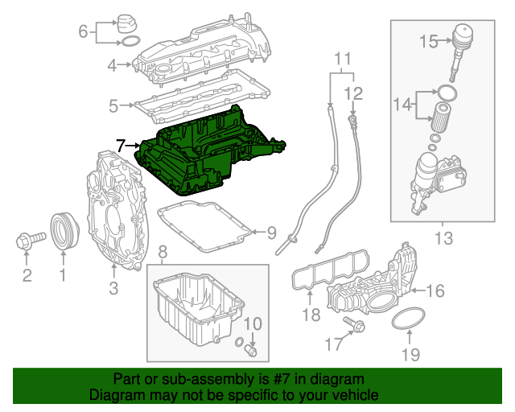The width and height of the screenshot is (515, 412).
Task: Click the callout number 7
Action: [120, 146]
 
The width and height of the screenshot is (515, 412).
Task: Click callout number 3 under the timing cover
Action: [113, 286]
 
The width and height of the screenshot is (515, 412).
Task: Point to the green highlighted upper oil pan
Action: [209, 153]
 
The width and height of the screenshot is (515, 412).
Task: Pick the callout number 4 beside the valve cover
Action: [114, 65]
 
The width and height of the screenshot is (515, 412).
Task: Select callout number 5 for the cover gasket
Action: [114, 105]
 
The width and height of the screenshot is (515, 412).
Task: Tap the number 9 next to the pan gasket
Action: [271, 233]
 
